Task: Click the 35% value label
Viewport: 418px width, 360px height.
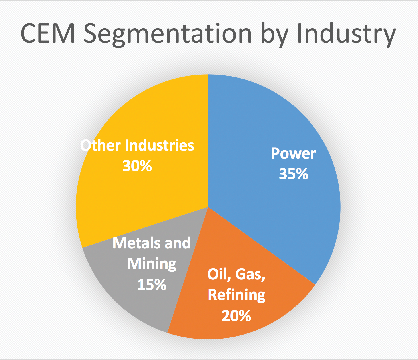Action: pyautogui.click(x=293, y=174)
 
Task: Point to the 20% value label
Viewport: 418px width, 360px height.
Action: pyautogui.click(x=236, y=316)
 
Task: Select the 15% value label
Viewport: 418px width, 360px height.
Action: pyautogui.click(x=152, y=285)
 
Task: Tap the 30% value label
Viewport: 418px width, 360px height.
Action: pyautogui.click(x=137, y=166)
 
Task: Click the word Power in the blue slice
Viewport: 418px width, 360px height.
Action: pyautogui.click(x=293, y=153)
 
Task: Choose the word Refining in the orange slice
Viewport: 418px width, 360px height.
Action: pyautogui.click(x=236, y=295)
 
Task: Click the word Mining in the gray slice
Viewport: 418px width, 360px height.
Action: pyautogui.click(x=152, y=264)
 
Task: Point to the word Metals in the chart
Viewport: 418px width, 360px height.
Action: pyautogui.click(x=137, y=243)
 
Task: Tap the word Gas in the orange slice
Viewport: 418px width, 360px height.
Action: pyautogui.click(x=250, y=274)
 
